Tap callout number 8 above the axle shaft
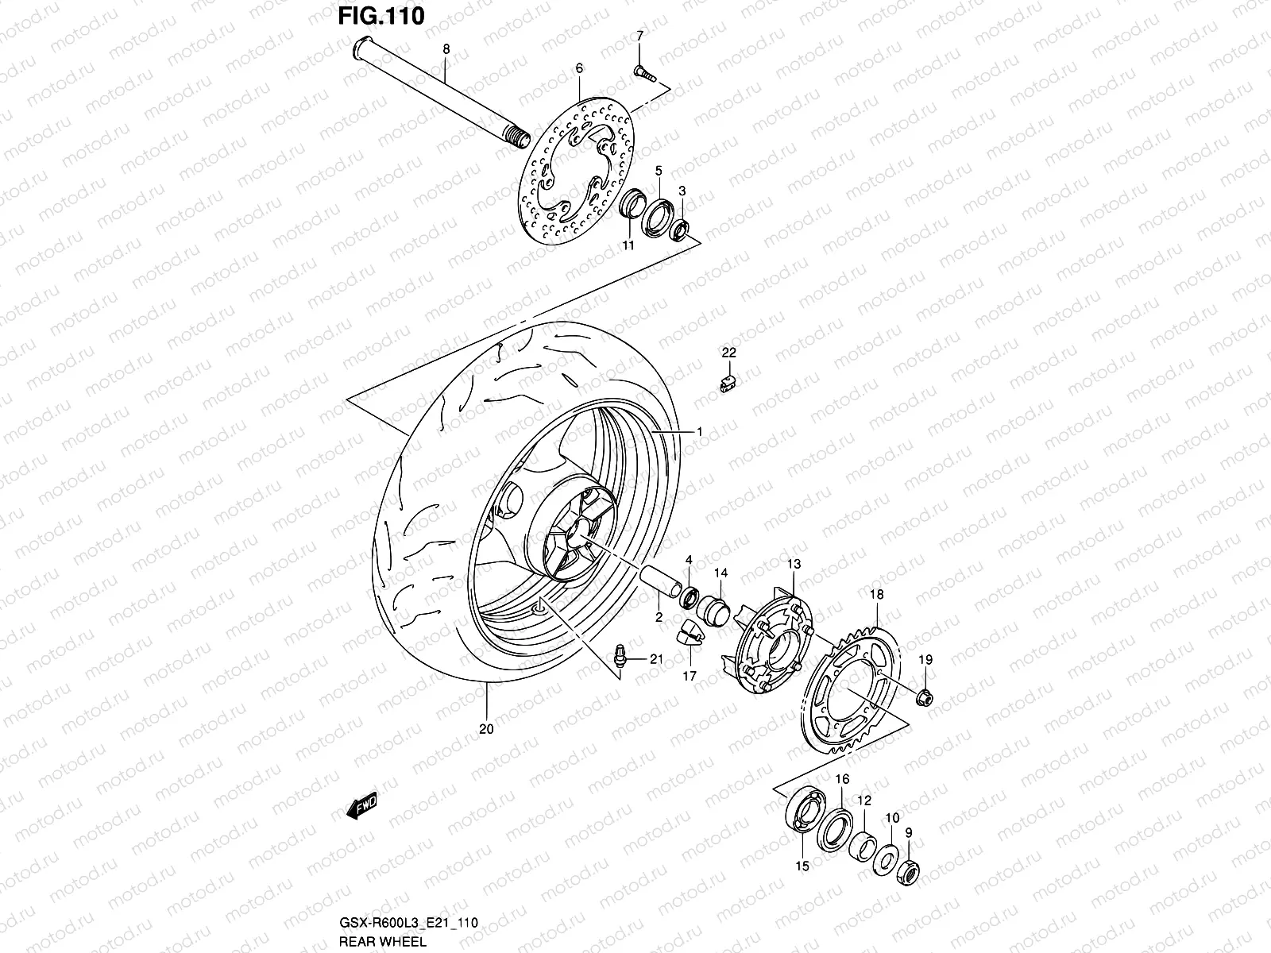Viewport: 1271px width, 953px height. (x=446, y=49)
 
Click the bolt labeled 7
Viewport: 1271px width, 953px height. (x=643, y=73)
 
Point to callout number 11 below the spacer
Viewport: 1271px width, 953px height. (x=628, y=246)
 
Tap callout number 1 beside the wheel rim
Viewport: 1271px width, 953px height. (x=699, y=431)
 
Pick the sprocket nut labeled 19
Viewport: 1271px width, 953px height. (x=924, y=697)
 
